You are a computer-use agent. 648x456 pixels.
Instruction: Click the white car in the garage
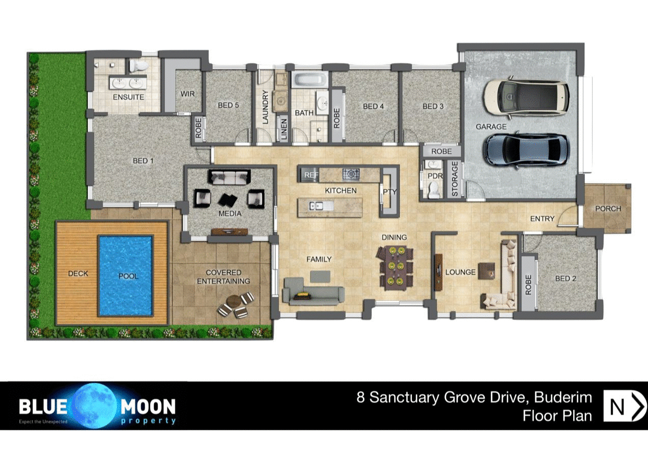tap(526, 97)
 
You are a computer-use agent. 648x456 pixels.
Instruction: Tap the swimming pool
tap(126, 275)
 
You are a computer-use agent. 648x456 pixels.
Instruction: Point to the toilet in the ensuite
tap(138, 65)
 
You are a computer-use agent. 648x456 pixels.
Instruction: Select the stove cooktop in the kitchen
tap(350, 175)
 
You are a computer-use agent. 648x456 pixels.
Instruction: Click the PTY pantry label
tap(389, 191)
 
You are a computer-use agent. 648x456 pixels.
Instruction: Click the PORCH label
tap(608, 208)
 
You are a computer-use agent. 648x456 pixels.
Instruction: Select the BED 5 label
tap(229, 105)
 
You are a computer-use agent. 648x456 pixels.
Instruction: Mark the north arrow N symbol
tap(624, 406)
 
